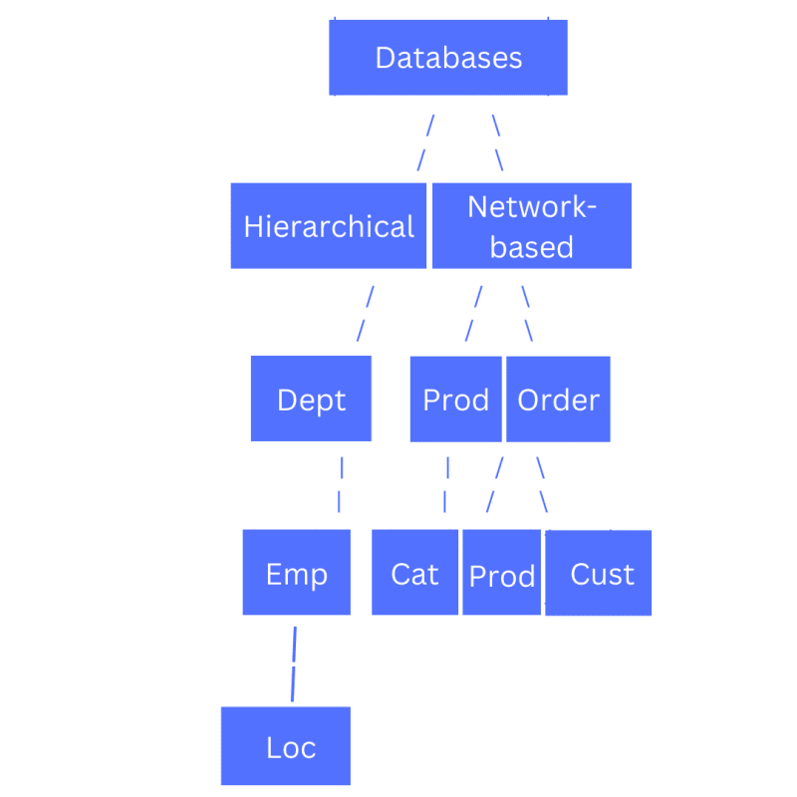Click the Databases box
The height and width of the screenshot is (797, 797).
(447, 58)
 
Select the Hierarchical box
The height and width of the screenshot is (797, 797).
(329, 226)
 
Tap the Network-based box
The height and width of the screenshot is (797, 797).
(532, 226)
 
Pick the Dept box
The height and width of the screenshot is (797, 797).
(311, 398)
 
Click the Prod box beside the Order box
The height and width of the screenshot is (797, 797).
(456, 399)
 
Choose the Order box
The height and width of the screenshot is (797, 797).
(558, 399)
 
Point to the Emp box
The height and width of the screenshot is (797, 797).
(296, 572)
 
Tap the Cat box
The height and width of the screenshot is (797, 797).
(414, 572)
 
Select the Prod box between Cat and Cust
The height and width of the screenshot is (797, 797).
(502, 572)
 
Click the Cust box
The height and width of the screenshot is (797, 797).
(599, 573)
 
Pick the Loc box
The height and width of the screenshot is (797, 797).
(286, 745)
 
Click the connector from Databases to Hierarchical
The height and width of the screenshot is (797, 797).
(426, 142)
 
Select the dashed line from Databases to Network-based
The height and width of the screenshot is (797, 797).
(497, 142)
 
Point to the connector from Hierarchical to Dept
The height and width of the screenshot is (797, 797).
(366, 314)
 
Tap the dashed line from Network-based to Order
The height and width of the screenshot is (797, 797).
(527, 314)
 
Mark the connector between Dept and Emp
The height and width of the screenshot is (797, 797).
(341, 485)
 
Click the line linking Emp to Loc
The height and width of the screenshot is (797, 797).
(294, 664)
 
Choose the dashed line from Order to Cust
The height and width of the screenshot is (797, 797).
(542, 485)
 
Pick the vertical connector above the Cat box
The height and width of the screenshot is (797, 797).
(446, 485)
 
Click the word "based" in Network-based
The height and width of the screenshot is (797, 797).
(532, 247)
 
